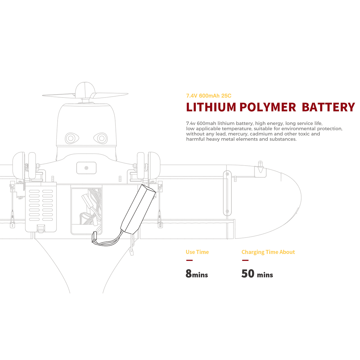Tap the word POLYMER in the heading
tap(268, 107)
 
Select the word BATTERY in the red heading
tap(328, 107)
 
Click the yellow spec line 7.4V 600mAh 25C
tap(209, 96)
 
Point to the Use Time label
tap(197, 252)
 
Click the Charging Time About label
tap(268, 252)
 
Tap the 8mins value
tap(197, 274)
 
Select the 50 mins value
tap(257, 274)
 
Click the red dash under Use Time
tap(189, 260)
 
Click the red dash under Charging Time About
tap(245, 260)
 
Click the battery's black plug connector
tap(94, 237)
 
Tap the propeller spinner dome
tap(85, 90)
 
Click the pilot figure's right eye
tap(100, 138)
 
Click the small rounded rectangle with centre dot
tap(86, 168)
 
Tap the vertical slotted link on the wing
tap(227, 193)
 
